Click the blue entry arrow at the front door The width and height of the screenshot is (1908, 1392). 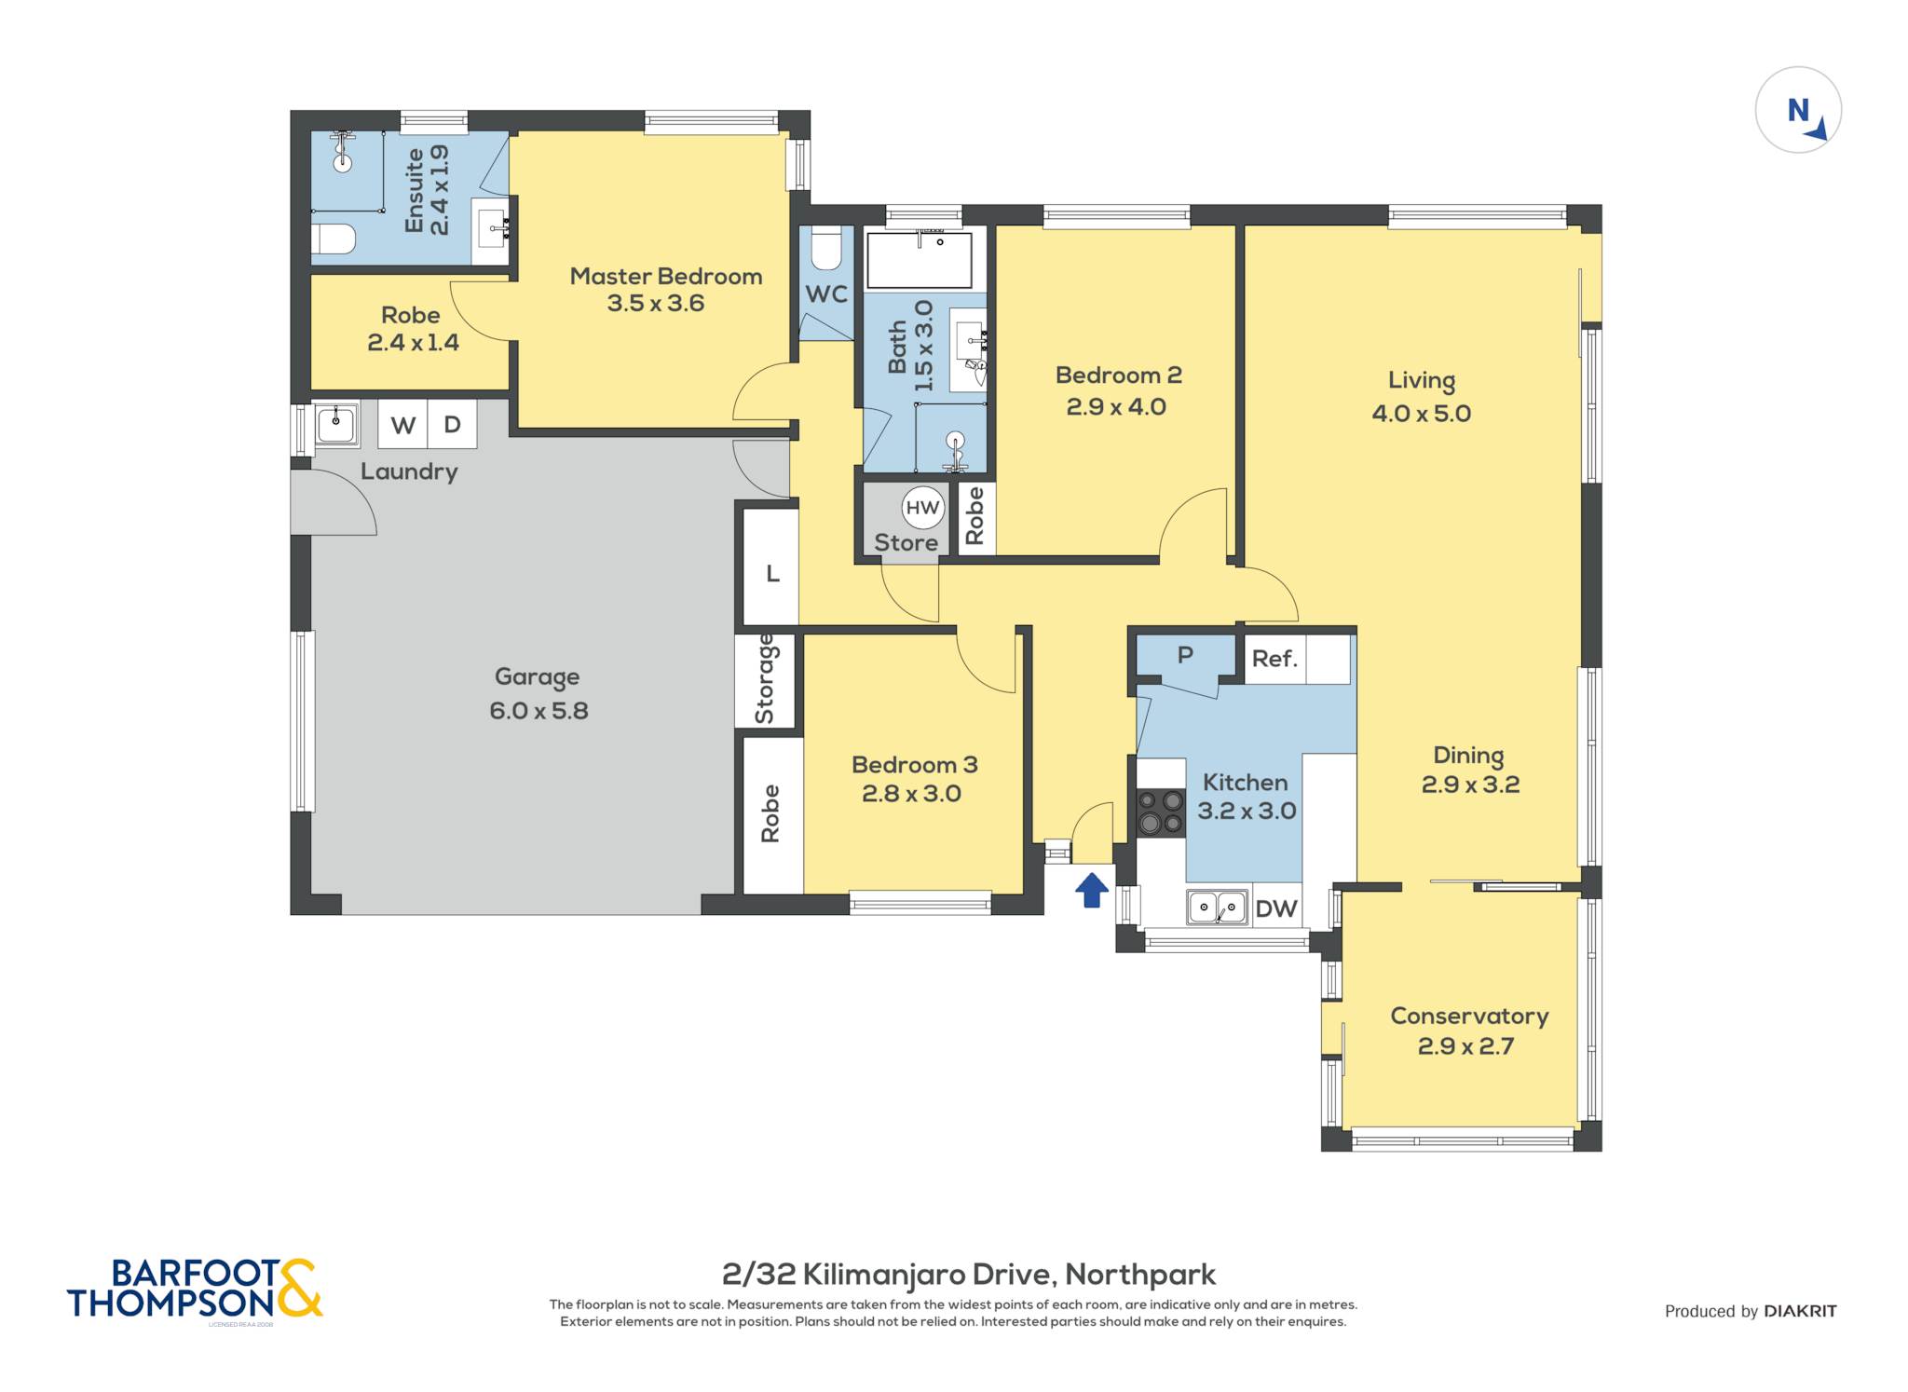pyautogui.click(x=1092, y=889)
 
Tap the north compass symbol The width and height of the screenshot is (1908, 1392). pyautogui.click(x=1798, y=110)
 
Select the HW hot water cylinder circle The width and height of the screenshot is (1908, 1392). pyautogui.click(x=922, y=508)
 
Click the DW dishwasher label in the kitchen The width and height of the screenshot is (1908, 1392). pyautogui.click(x=1276, y=908)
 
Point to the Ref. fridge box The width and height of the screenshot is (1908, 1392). pyautogui.click(x=1297, y=659)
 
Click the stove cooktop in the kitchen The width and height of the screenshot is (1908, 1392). pyautogui.click(x=1161, y=812)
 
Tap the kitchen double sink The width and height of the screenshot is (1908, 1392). pyautogui.click(x=1217, y=907)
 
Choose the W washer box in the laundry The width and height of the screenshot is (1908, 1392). pyautogui.click(x=402, y=425)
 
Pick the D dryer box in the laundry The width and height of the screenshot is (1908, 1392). pyautogui.click(x=453, y=425)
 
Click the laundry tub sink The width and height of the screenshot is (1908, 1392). pyautogui.click(x=335, y=425)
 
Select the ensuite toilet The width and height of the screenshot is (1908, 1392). pyautogui.click(x=333, y=239)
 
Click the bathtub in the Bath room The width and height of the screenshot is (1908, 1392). pyautogui.click(x=920, y=260)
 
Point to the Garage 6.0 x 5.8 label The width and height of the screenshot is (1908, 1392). pyautogui.click(x=538, y=694)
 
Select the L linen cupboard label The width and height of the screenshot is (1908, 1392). pyautogui.click(x=772, y=574)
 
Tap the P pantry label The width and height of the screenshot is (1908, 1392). pyautogui.click(x=1185, y=655)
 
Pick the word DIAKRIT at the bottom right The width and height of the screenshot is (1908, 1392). pyautogui.click(x=1800, y=1311)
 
